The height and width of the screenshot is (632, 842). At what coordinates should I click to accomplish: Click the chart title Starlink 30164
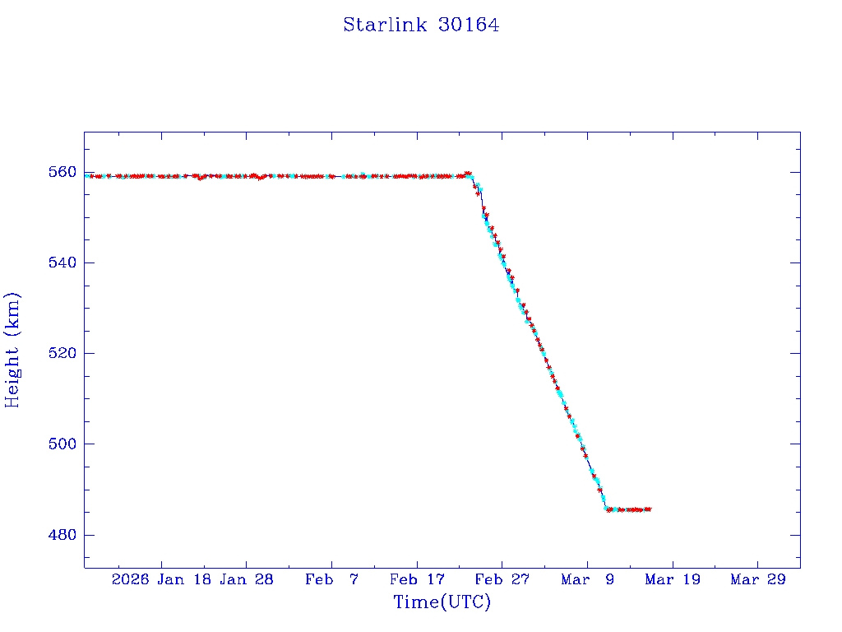(421, 25)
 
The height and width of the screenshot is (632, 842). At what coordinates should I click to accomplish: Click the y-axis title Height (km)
(12, 349)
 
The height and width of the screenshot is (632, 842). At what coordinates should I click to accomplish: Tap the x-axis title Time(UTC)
(442, 602)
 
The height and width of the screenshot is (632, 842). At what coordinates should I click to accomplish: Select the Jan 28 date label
(247, 579)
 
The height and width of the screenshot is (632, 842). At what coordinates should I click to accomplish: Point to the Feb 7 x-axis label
(331, 579)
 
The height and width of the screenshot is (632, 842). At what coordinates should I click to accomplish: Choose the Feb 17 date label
(417, 579)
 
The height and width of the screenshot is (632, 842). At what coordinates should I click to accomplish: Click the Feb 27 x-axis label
(502, 579)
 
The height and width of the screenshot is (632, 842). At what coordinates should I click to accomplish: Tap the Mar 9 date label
(587, 579)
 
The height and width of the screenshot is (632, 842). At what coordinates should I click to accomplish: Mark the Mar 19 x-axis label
(672, 579)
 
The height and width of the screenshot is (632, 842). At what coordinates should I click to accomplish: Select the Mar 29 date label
(757, 579)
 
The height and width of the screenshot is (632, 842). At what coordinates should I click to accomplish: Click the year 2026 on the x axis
(131, 579)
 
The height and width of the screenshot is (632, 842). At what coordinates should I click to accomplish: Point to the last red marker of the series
(649, 509)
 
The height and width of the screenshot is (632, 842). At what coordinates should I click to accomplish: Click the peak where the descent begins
(468, 174)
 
